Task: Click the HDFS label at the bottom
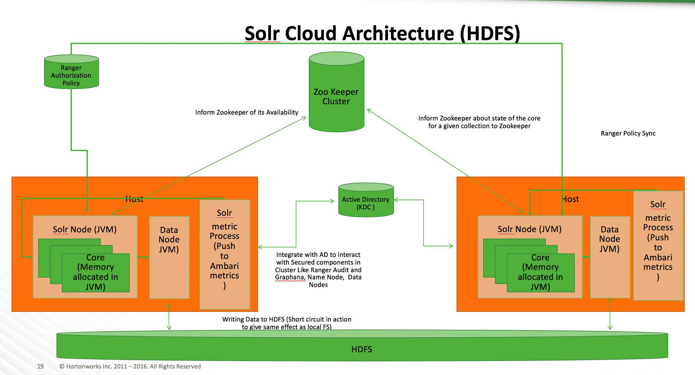tap(361, 349)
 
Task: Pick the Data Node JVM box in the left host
tap(169, 257)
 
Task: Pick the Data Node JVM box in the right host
tap(610, 257)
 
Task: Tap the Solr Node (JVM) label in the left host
tap(84, 230)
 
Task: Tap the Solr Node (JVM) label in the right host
tap(529, 229)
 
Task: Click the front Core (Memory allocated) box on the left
tap(96, 273)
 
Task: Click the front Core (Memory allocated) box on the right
tap(540, 273)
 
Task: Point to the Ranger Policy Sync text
tap(628, 133)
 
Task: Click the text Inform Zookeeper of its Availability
tap(246, 112)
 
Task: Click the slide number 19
tap(40, 366)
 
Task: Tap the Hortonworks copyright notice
tap(130, 366)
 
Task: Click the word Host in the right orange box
tap(571, 199)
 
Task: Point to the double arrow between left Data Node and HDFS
tap(169, 317)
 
